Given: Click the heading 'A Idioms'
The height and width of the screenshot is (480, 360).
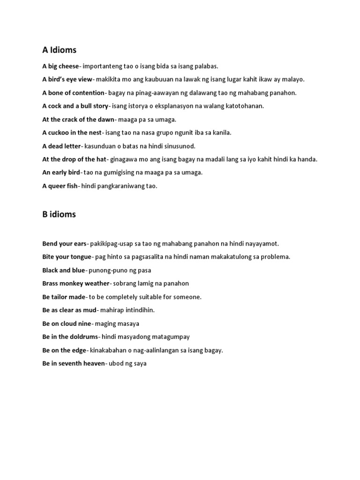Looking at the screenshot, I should pos(59,50).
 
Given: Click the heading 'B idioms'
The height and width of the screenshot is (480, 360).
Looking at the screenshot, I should pos(59,215).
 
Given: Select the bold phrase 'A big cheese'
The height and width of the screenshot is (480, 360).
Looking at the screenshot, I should pos(60,66).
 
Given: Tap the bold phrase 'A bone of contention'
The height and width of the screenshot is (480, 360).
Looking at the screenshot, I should pos(73,93).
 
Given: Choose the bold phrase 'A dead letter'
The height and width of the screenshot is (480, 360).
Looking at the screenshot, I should pos(61,146).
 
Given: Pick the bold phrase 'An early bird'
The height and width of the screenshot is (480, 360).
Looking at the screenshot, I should pos(61,172).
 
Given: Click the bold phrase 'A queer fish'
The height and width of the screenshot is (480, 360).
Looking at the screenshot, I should pos(60,186).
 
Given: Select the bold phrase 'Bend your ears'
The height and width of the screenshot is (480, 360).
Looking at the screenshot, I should pos(64,244).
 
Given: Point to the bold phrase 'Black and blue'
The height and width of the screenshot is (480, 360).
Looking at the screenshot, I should pos(64,270).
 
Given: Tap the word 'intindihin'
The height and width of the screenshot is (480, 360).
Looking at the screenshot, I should pos(138,310).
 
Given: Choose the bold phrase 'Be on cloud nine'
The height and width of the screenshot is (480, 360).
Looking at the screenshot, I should pos(67,323).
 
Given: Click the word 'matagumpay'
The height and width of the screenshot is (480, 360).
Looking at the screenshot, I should pos(171,337).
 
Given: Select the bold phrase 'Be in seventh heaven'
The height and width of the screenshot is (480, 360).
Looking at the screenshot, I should pos(74,363).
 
